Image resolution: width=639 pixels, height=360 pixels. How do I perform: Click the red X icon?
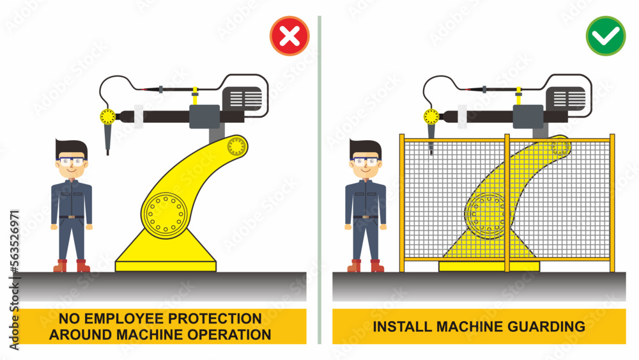click(x=289, y=35)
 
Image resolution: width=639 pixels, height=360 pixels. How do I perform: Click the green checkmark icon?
click(x=606, y=36)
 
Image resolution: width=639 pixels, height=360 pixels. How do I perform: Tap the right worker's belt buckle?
click(x=366, y=217)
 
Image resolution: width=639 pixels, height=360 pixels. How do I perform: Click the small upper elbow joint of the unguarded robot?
click(x=236, y=146)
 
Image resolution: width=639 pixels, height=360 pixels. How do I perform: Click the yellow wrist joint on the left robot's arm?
click(x=108, y=116)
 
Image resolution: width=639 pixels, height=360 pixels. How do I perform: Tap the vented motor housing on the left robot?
click(x=242, y=98)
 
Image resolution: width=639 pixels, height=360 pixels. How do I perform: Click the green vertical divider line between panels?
click(x=319, y=179)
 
